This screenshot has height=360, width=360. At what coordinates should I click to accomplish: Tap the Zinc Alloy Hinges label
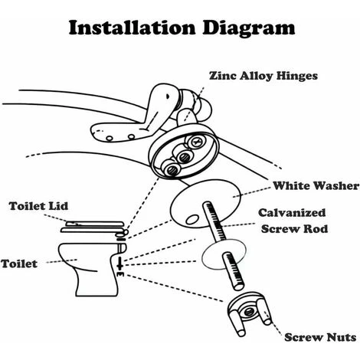coord(263,76)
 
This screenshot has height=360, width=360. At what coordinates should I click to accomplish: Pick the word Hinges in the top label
coord(294,76)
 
